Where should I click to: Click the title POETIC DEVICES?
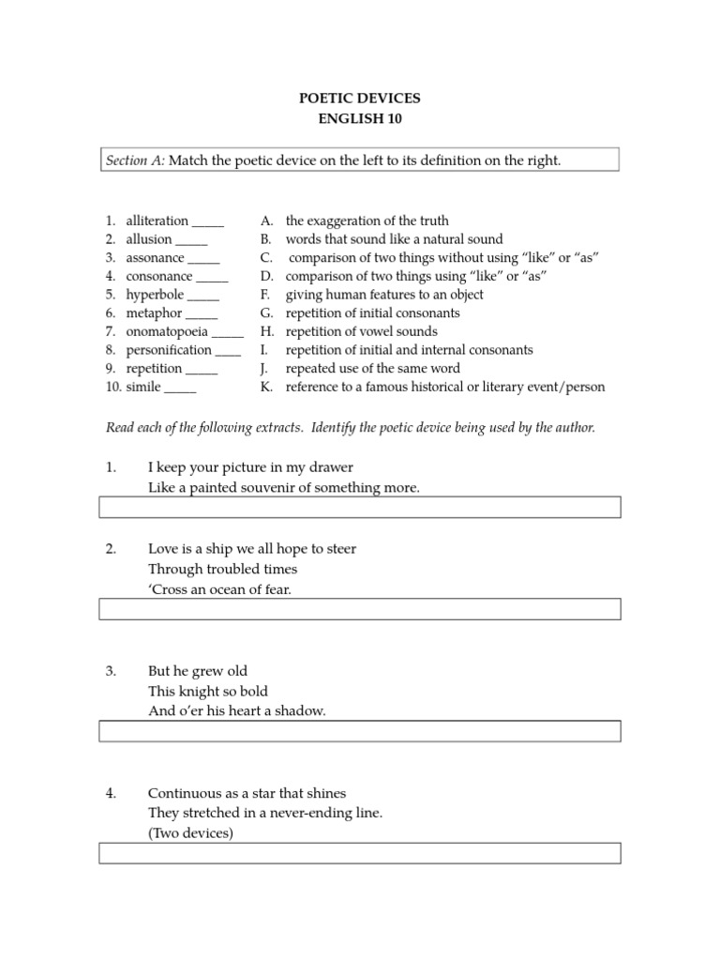tap(359, 99)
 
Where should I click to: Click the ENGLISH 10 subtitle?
tap(359, 119)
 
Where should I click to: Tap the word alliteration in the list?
tap(157, 221)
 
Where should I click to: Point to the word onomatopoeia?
tap(167, 331)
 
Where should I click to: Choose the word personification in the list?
tap(169, 350)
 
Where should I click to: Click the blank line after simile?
tap(180, 387)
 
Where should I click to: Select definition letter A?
tap(267, 221)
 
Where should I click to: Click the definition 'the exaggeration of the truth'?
tap(367, 221)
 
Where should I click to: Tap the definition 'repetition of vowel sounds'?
tap(361, 331)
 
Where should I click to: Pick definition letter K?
tap(267, 387)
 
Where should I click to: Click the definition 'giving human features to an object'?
tap(384, 295)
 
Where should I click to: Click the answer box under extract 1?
tap(359, 508)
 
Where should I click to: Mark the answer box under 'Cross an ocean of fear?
tap(359, 609)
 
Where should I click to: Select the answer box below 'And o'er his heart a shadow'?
tap(359, 731)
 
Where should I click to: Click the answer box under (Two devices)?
tap(359, 853)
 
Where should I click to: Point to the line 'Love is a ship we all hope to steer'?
tap(252, 548)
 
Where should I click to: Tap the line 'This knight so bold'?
tap(208, 691)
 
